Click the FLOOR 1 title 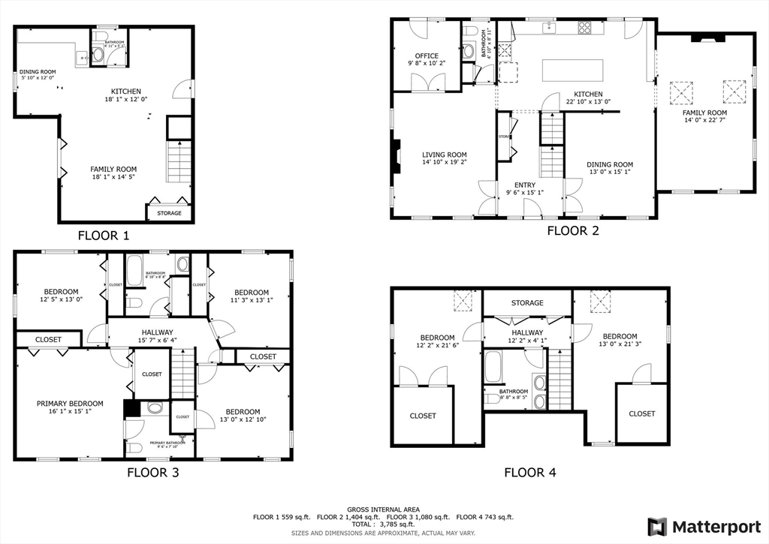(104, 235)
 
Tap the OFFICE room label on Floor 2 (427, 55)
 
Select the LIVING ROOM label (444, 155)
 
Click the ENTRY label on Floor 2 (524, 185)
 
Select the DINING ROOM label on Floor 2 (609, 164)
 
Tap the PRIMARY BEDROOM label (70, 403)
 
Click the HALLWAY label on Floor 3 (156, 332)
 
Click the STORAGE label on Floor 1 (169, 213)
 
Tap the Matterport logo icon (657, 526)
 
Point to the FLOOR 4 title (530, 472)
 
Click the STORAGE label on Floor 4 (527, 302)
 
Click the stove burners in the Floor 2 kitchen (584, 28)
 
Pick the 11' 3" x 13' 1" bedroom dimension (251, 302)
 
